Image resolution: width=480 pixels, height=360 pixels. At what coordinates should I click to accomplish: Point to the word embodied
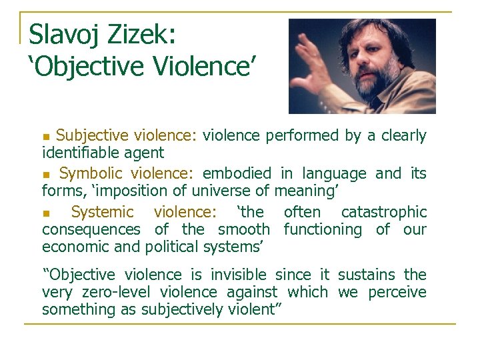pyautogui.click(x=237, y=174)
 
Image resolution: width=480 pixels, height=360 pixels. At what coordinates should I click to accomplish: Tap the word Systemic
pyautogui.click(x=102, y=213)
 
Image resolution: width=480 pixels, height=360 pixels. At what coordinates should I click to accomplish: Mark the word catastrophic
pyautogui.click(x=383, y=213)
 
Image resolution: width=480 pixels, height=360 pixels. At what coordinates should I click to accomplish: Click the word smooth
pyautogui.click(x=244, y=230)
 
